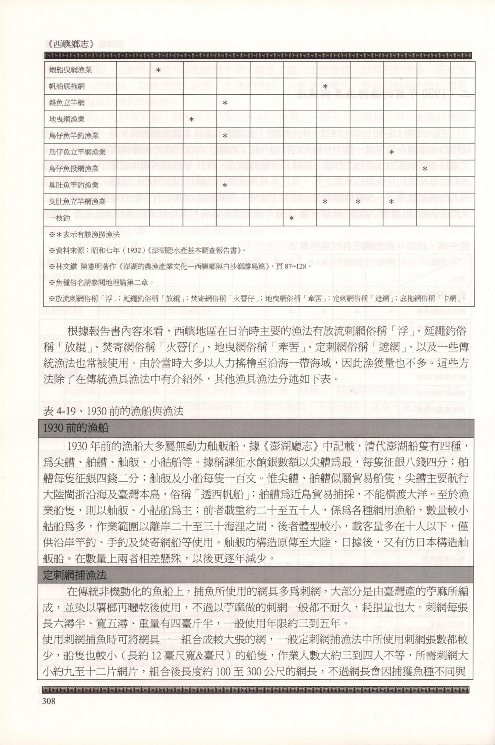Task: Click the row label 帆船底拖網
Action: pyautogui.click(x=67, y=86)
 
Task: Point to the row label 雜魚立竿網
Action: pyautogui.click(x=67, y=103)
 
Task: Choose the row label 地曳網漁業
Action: pyautogui.click(x=67, y=119)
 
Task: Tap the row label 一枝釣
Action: pyautogui.click(x=59, y=218)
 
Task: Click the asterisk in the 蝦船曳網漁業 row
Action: pyautogui.click(x=158, y=70)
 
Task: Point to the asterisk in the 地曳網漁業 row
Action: pyautogui.click(x=191, y=119)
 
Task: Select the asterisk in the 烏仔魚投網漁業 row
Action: pyautogui.click(x=425, y=169)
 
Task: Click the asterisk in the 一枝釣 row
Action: pyautogui.click(x=292, y=218)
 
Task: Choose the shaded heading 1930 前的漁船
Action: pyautogui.click(x=76, y=428)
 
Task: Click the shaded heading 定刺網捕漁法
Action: pyautogui.click(x=75, y=575)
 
